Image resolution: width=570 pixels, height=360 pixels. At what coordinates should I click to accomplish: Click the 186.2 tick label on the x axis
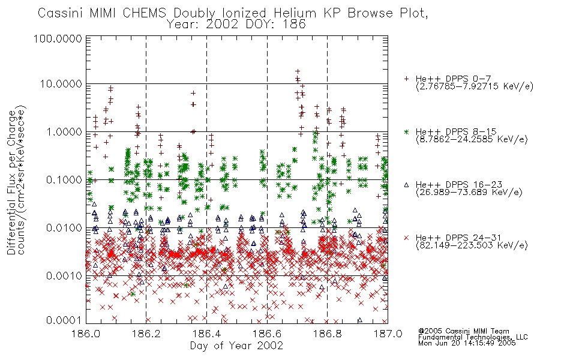[x=146, y=334]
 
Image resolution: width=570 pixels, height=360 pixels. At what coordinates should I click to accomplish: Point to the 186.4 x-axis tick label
[x=206, y=334]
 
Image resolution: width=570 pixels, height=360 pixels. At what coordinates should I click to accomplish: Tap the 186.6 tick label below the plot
[x=267, y=334]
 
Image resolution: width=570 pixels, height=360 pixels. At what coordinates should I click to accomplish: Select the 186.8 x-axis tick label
[x=327, y=334]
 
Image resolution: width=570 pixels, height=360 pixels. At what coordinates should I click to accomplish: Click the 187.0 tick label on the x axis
[x=388, y=334]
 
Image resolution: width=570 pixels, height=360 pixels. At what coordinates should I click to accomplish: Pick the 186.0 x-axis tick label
[x=86, y=334]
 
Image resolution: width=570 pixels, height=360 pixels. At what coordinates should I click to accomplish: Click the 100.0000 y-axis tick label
[x=58, y=38]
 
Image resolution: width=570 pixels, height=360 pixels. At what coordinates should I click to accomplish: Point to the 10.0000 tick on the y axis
[x=61, y=84]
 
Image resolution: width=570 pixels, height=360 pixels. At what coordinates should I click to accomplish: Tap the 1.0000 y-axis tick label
[x=64, y=131]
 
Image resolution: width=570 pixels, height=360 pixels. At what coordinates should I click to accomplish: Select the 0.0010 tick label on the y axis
[x=64, y=275]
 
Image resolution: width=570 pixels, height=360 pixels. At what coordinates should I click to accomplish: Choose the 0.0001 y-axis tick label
[x=64, y=320]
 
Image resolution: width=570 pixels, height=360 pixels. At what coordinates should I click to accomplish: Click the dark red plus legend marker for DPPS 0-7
[x=406, y=79]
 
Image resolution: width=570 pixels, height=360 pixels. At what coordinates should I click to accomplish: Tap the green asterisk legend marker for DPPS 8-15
[x=406, y=131]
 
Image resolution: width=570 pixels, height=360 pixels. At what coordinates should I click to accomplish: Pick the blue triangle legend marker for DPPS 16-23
[x=406, y=185]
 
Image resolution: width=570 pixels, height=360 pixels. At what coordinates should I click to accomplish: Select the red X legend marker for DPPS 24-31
[x=406, y=238]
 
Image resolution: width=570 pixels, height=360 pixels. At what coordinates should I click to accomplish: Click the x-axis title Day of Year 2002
[x=236, y=346]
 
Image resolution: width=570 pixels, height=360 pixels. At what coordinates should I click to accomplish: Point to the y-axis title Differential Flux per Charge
[x=12, y=182]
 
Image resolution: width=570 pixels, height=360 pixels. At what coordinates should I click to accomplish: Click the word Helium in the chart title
[x=295, y=13]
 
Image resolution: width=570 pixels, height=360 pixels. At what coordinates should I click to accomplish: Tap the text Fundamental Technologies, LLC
[x=473, y=337]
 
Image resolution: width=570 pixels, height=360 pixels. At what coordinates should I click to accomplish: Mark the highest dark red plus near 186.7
[x=298, y=71]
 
